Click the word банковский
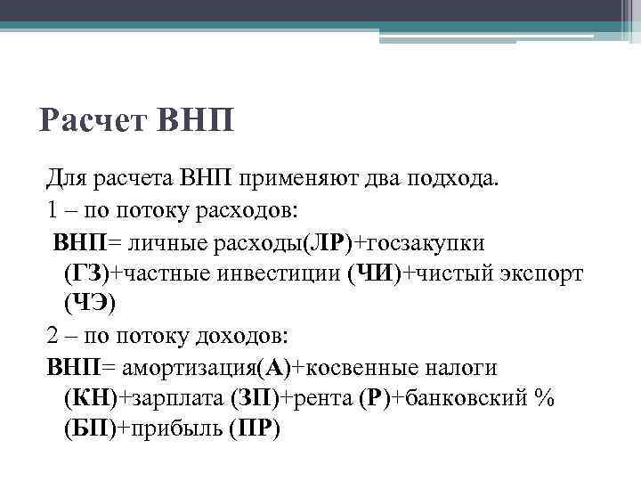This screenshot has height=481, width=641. coord(467,398)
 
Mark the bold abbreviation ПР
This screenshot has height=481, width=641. coord(253,429)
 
